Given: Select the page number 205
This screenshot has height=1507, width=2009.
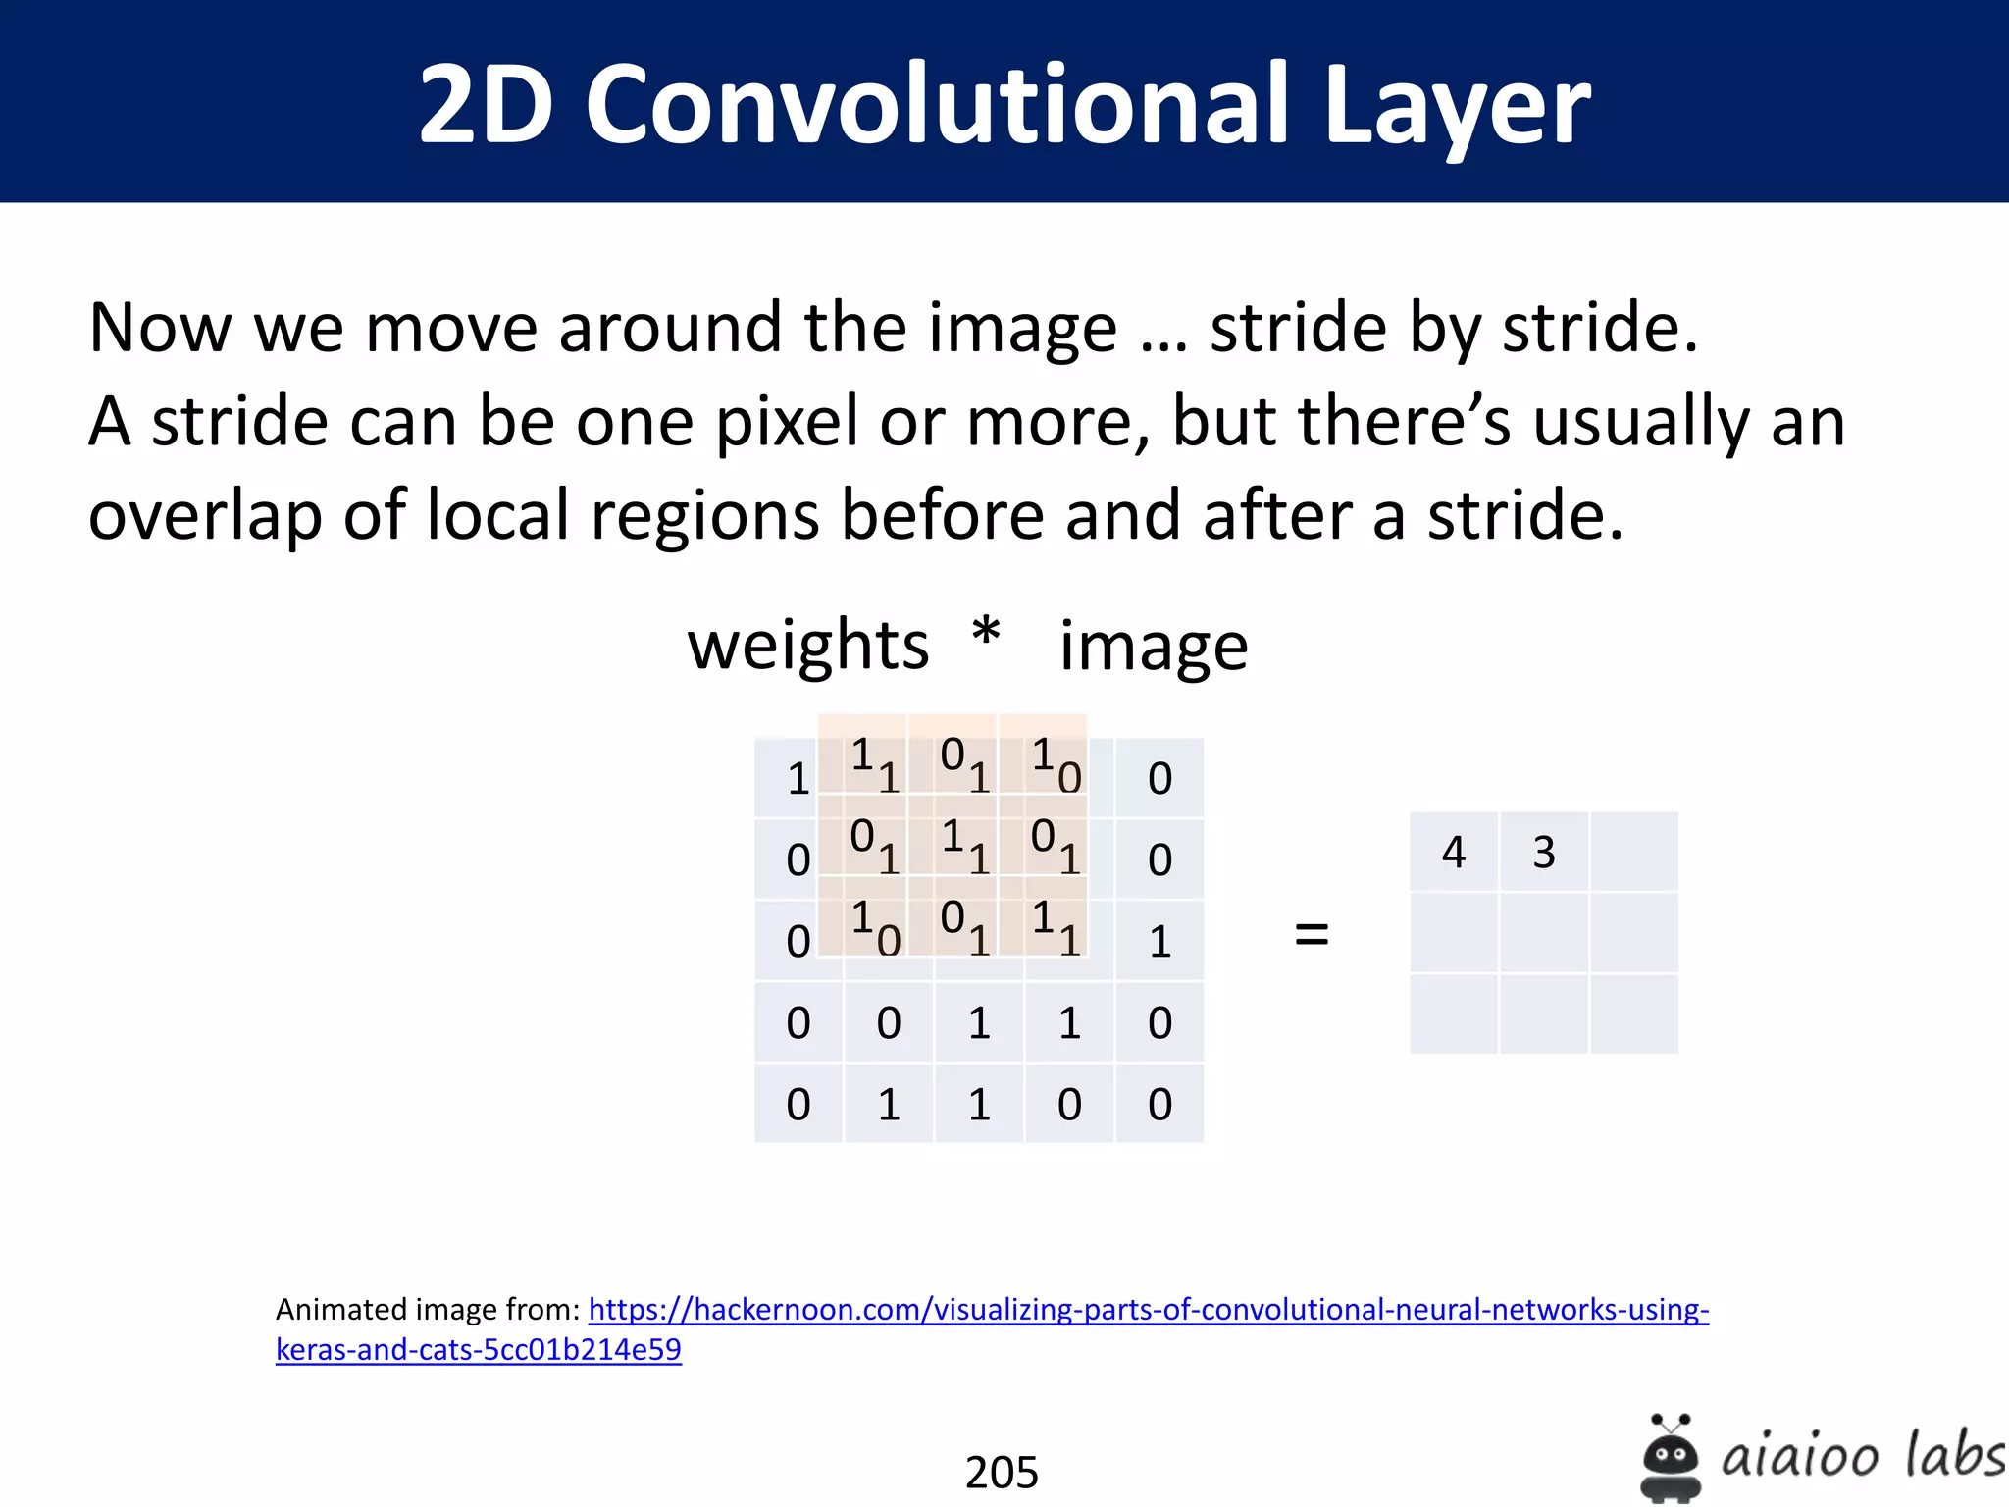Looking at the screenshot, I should [x=1002, y=1472].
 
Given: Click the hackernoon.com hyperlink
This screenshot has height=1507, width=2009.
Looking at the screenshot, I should [x=1148, y=1310].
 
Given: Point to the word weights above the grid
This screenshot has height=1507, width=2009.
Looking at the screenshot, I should [x=807, y=648].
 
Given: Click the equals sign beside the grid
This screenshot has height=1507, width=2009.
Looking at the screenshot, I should [x=1312, y=933].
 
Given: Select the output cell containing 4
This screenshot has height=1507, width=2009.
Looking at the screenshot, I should [x=1454, y=852].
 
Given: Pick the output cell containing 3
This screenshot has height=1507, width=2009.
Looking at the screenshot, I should [x=1544, y=852].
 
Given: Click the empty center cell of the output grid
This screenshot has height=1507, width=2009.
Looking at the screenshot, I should [x=1544, y=933].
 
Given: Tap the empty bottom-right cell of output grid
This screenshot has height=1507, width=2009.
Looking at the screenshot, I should [x=1634, y=1014].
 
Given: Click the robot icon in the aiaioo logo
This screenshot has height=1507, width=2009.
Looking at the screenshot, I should [x=1671, y=1459].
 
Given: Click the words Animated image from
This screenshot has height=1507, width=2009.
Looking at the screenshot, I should [x=428, y=1310].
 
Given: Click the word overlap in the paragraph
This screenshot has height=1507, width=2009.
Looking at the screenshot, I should [x=203, y=516].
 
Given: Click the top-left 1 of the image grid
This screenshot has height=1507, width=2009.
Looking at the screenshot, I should [x=798, y=779].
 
